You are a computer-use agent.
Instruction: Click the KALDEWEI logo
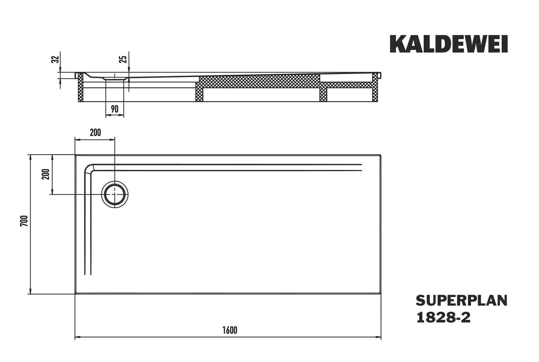(449, 44)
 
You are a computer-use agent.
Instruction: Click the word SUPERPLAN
(461, 301)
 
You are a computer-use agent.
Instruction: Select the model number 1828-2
(443, 317)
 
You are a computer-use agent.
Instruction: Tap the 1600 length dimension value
(229, 330)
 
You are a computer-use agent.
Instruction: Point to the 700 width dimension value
(23, 221)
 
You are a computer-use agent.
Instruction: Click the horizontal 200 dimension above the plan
(95, 132)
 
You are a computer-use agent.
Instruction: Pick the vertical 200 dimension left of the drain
(46, 174)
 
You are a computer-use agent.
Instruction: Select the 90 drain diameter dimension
(115, 109)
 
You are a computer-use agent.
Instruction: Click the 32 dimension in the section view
(56, 59)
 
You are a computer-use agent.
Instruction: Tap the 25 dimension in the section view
(123, 59)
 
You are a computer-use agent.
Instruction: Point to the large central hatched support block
(260, 81)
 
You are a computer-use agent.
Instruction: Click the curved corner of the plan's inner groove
(89, 169)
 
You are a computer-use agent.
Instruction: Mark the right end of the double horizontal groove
(361, 168)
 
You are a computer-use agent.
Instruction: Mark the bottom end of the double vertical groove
(88, 274)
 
